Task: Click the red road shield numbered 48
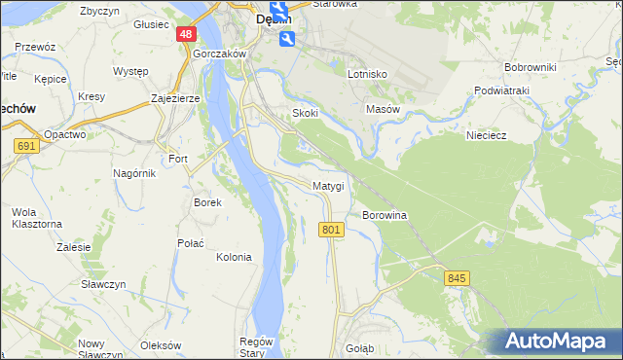(x=186, y=34)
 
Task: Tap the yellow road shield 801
(x=331, y=229)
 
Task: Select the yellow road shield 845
(x=458, y=278)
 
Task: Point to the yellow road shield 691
(x=26, y=146)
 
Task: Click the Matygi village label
(x=328, y=185)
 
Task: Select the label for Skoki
(x=306, y=113)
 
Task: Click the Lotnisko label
(x=367, y=74)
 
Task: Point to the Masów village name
(x=383, y=110)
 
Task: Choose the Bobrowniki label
(x=530, y=67)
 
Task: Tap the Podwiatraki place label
(x=501, y=90)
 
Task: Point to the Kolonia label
(x=234, y=257)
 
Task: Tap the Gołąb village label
(x=360, y=347)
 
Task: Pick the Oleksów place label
(x=161, y=345)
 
